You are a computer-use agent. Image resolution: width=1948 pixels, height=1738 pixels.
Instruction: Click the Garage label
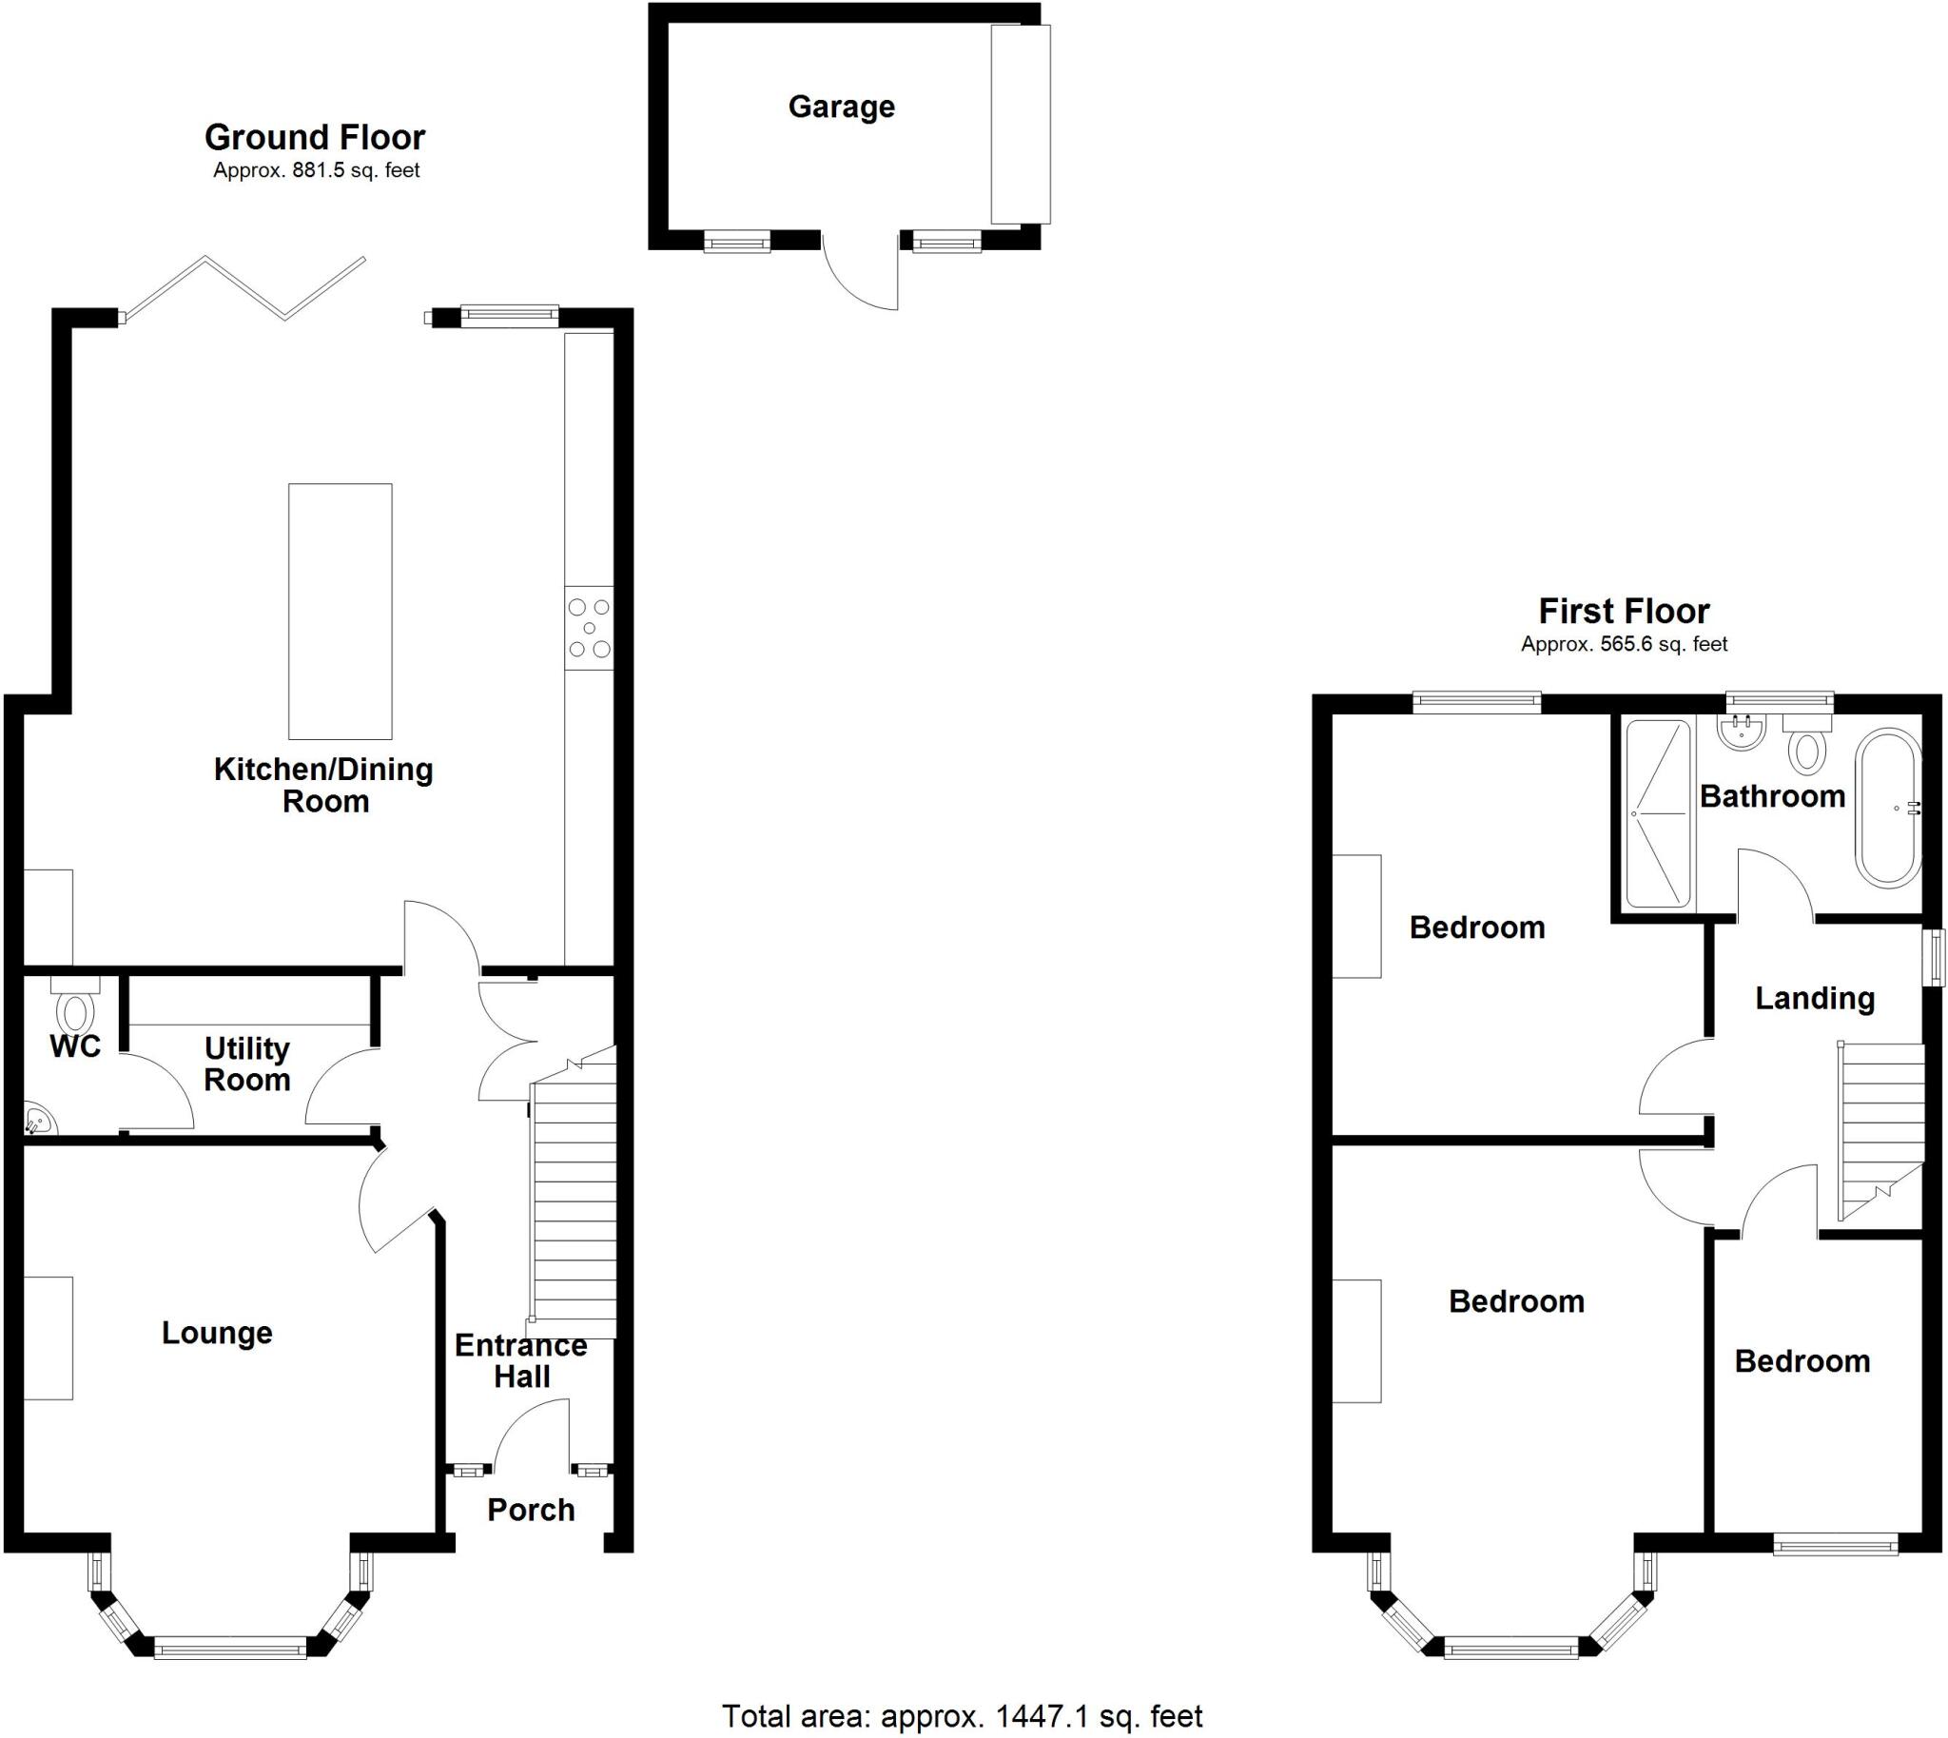(x=841, y=107)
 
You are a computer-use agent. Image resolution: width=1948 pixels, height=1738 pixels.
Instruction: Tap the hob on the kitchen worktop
(x=588, y=628)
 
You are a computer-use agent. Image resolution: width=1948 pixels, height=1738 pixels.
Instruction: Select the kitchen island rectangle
(x=340, y=611)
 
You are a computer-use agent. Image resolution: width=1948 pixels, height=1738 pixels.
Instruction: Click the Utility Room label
(x=247, y=1064)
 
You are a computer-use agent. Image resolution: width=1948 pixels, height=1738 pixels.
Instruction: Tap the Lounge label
(x=217, y=1332)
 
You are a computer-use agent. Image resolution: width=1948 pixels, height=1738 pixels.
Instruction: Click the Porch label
(x=531, y=1510)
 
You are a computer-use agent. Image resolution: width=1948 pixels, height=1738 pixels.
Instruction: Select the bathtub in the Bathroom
(x=1888, y=808)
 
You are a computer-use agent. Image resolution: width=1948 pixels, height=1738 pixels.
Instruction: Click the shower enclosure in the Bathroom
(x=1658, y=813)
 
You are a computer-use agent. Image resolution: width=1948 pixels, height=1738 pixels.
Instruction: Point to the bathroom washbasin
(x=1743, y=732)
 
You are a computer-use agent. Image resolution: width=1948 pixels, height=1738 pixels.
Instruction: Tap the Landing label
(x=1814, y=999)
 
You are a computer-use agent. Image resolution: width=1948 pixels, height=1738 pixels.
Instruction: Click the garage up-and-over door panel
(x=1020, y=124)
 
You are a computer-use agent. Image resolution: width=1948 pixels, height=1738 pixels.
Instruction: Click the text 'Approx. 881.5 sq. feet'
(x=316, y=171)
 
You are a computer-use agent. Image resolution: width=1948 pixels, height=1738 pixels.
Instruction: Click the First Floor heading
(x=1624, y=611)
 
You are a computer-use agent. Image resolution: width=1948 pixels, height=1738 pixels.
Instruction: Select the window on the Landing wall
(x=1934, y=958)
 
